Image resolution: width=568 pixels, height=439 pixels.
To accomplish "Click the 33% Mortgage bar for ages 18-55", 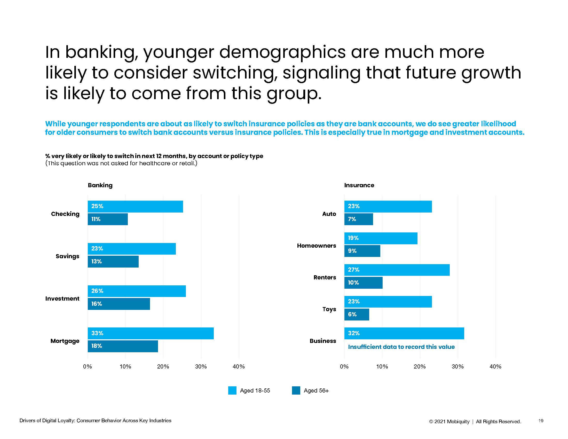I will click(151, 333).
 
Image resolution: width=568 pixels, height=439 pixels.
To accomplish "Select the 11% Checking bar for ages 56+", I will click(108, 219).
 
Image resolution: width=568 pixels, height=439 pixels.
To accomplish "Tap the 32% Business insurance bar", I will click(404, 333).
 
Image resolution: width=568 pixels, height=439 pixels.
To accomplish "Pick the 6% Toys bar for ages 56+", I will click(357, 315).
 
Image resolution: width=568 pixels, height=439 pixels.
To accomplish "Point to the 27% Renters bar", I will click(397, 270).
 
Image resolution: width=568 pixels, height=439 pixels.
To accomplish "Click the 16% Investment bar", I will click(119, 304).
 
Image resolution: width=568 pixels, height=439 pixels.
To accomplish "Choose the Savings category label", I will click(67, 256).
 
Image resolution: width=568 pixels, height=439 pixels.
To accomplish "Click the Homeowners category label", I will click(316, 246).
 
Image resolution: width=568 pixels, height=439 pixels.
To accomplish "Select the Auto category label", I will click(329, 214).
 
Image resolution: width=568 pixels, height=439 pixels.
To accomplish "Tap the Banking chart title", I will click(100, 185).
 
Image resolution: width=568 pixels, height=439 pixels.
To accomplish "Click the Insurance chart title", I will click(359, 185).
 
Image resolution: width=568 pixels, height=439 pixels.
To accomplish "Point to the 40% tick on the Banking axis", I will click(239, 366).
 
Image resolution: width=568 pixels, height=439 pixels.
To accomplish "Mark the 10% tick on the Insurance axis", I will click(382, 366).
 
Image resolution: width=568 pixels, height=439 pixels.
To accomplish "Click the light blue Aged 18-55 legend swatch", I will click(232, 390).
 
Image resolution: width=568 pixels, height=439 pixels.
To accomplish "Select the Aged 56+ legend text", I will click(316, 390).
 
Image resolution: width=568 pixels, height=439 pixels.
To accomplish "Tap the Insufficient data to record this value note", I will click(401, 347).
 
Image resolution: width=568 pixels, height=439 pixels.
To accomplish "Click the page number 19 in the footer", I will click(541, 420).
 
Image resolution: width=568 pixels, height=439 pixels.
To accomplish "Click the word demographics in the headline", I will click(282, 52).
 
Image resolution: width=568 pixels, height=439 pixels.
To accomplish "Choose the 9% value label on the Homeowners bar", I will click(352, 251).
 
